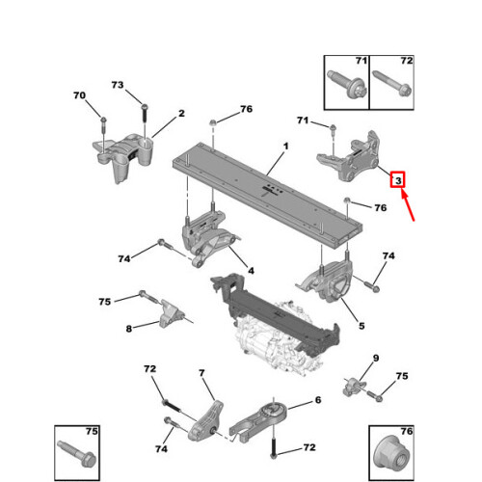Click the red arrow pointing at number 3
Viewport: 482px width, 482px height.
[x=408, y=205]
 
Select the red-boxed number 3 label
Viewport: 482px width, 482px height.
[x=398, y=180]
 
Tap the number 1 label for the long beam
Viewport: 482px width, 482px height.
[x=285, y=147]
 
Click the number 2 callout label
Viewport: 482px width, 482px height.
[x=181, y=113]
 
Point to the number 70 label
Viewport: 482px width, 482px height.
[x=79, y=95]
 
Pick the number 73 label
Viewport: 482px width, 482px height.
[x=118, y=85]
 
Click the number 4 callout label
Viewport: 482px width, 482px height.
[x=251, y=271]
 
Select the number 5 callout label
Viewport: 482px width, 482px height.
[x=361, y=326]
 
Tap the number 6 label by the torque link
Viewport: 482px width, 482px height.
[x=318, y=400]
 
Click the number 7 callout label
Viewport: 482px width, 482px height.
[x=201, y=373]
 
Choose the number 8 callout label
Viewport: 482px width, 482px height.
[x=129, y=329]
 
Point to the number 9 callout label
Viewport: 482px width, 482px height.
[x=376, y=358]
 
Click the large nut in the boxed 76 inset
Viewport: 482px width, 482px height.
[x=391, y=453]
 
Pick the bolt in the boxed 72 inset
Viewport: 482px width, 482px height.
[x=392, y=83]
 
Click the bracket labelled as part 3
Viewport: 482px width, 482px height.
[x=349, y=156]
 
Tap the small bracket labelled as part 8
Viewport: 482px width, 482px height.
[x=172, y=314]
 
